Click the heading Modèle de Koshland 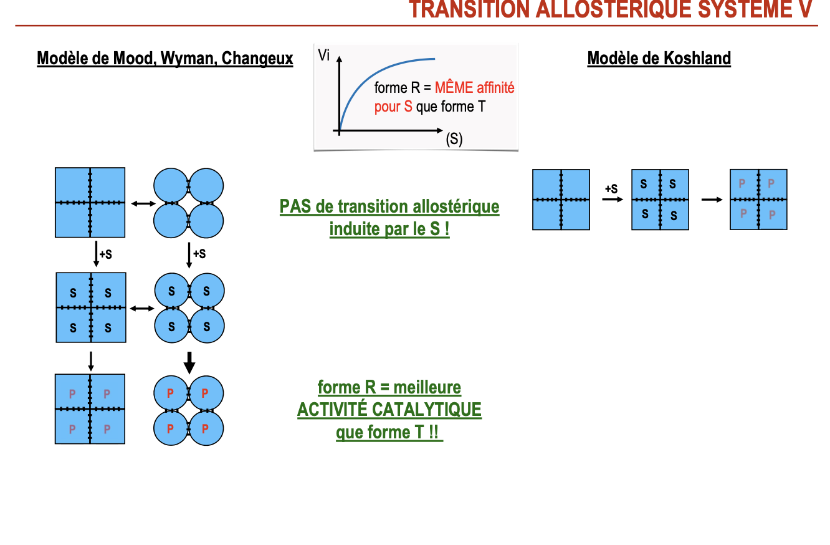pyautogui.click(x=659, y=59)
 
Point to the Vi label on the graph pyautogui.click(x=323, y=55)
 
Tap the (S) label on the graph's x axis pyautogui.click(x=454, y=139)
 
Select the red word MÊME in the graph pyautogui.click(x=454, y=88)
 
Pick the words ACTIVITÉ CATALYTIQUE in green pyautogui.click(x=389, y=410)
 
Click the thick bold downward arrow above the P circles pyautogui.click(x=189, y=362)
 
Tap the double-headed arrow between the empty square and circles pyautogui.click(x=143, y=203)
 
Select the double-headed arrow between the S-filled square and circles pyautogui.click(x=143, y=308)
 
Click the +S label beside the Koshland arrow pyautogui.click(x=611, y=188)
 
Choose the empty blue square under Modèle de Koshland pyautogui.click(x=561, y=200)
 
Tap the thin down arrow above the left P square pyautogui.click(x=91, y=360)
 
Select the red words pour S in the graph pyautogui.click(x=393, y=107)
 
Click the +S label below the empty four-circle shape pyautogui.click(x=199, y=254)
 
